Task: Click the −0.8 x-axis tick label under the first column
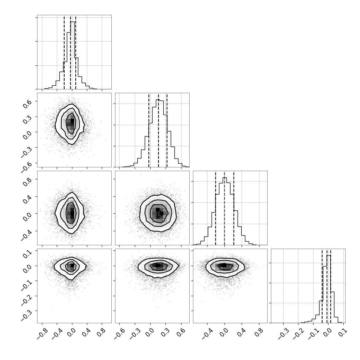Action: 42,334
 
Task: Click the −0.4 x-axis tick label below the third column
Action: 207,334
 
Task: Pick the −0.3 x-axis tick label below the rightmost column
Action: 283,334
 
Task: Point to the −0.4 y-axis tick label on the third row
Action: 26,235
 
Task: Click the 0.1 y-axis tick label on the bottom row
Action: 27,253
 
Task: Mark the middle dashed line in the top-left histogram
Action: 71,52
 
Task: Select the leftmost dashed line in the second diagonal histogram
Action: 149,130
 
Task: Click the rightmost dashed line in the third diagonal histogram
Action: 234,208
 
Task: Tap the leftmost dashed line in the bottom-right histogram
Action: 322,286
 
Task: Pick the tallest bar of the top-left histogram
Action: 72,55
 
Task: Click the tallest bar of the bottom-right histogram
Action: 328,289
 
